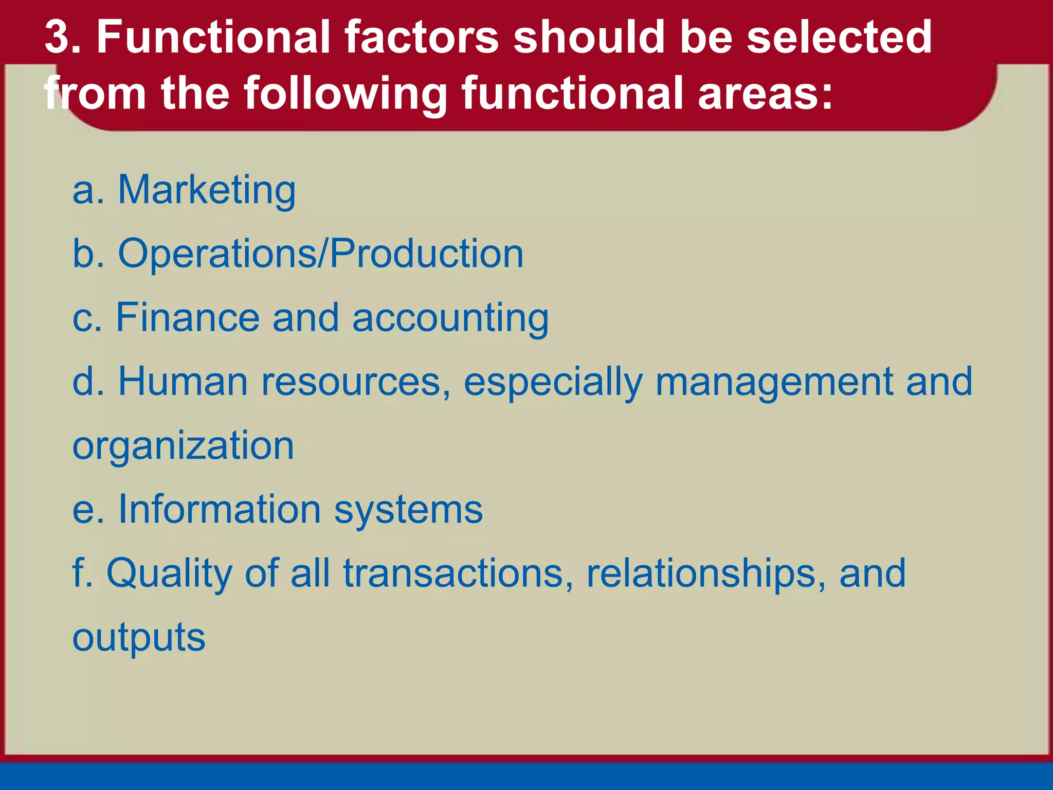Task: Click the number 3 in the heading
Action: [x=58, y=37]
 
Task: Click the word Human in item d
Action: [x=183, y=381]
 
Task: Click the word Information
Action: [x=220, y=509]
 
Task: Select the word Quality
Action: [x=169, y=574]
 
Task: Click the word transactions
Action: [x=458, y=573]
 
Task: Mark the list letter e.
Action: [x=82, y=510]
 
